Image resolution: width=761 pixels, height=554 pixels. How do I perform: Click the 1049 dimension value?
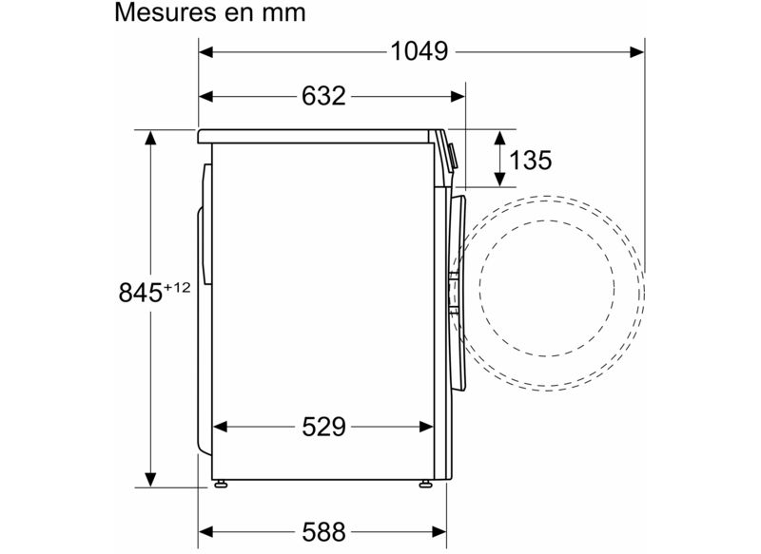[x=420, y=51]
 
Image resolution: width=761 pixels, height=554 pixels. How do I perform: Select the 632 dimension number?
[x=323, y=96]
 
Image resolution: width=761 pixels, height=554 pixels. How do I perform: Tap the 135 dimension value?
[x=530, y=160]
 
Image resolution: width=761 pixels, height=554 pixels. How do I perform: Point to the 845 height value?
[x=141, y=293]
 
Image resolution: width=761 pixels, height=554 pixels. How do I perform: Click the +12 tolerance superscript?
[x=177, y=287]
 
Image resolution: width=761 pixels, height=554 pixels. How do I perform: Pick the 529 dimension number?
[x=323, y=427]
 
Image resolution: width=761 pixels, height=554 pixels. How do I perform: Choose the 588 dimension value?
[x=323, y=532]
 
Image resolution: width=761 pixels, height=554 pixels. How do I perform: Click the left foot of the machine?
[x=221, y=484]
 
